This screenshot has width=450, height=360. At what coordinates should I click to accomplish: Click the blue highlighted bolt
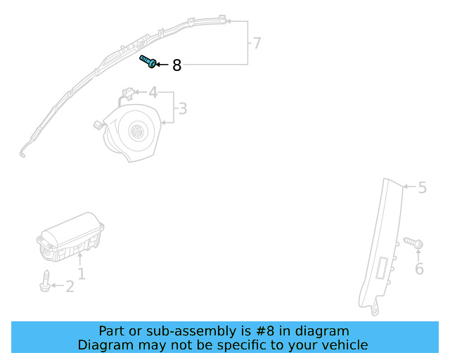pos(148,62)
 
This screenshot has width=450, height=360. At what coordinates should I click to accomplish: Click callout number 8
pos(176,65)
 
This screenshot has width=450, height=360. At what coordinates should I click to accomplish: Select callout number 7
pos(257,44)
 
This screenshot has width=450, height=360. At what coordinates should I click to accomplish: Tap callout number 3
pos(182,109)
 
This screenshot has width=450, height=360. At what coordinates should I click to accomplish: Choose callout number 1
pos(82,274)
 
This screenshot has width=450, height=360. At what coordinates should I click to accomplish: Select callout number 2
pos(70,286)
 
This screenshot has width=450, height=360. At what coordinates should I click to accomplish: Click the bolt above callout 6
pos(414,244)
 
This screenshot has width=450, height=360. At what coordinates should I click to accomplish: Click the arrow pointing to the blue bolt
pos(162,65)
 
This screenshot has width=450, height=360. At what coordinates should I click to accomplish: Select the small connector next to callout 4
pos(128,91)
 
